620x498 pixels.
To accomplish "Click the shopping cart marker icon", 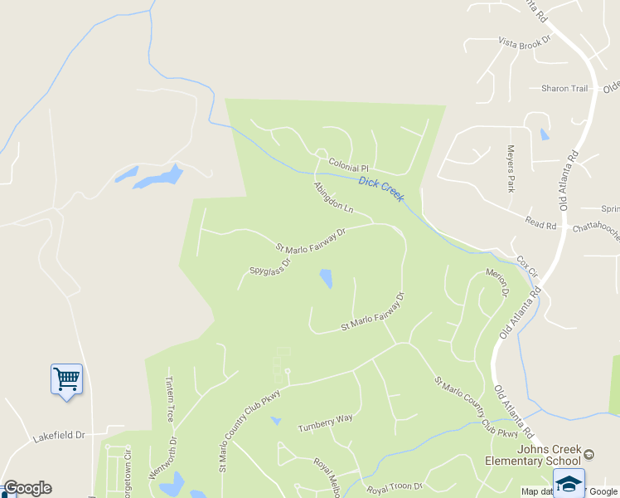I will (x=66, y=380).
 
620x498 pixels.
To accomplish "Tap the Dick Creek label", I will (x=382, y=188).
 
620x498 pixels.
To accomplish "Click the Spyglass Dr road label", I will (x=270, y=267).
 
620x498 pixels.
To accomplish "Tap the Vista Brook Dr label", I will (x=524, y=41).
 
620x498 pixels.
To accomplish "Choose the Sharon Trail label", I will (x=564, y=89).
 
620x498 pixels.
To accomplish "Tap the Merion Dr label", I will (x=496, y=283).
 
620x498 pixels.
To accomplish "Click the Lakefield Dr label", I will (x=59, y=435).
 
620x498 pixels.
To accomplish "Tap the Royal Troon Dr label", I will (x=395, y=486).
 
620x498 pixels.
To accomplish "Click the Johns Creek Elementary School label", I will (x=545, y=455).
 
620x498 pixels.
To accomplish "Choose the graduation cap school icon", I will (x=569, y=482).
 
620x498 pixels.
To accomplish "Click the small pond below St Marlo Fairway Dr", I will (x=326, y=278).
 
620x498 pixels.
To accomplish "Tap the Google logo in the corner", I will (x=27, y=488).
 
